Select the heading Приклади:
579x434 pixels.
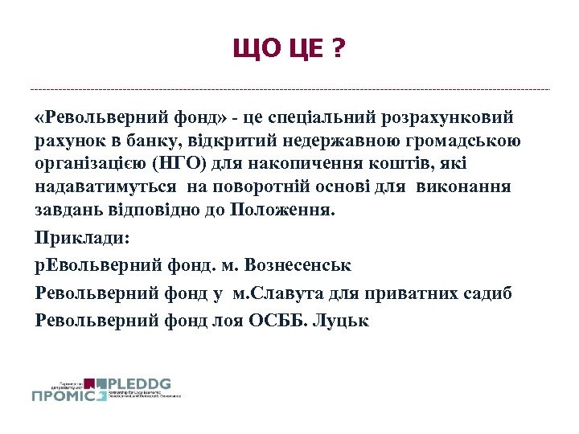(x=82, y=239)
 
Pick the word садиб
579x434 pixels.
(x=488, y=293)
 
